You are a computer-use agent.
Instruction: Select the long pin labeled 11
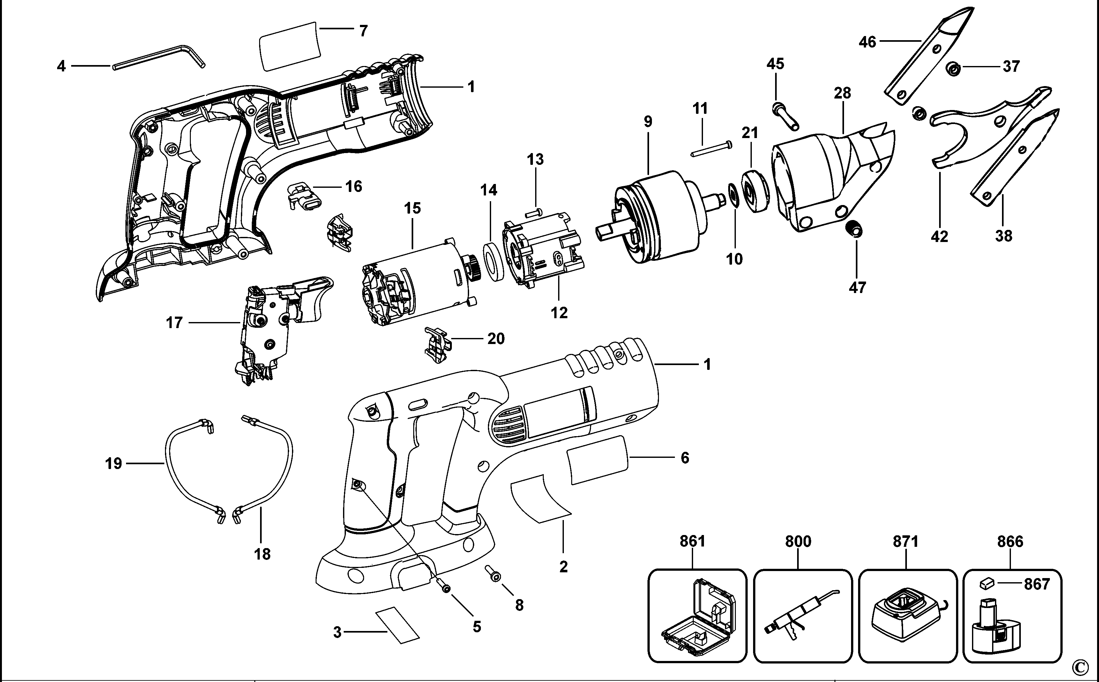click(x=711, y=149)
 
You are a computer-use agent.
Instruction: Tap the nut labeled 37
click(x=953, y=69)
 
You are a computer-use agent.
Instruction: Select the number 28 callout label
click(x=842, y=93)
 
